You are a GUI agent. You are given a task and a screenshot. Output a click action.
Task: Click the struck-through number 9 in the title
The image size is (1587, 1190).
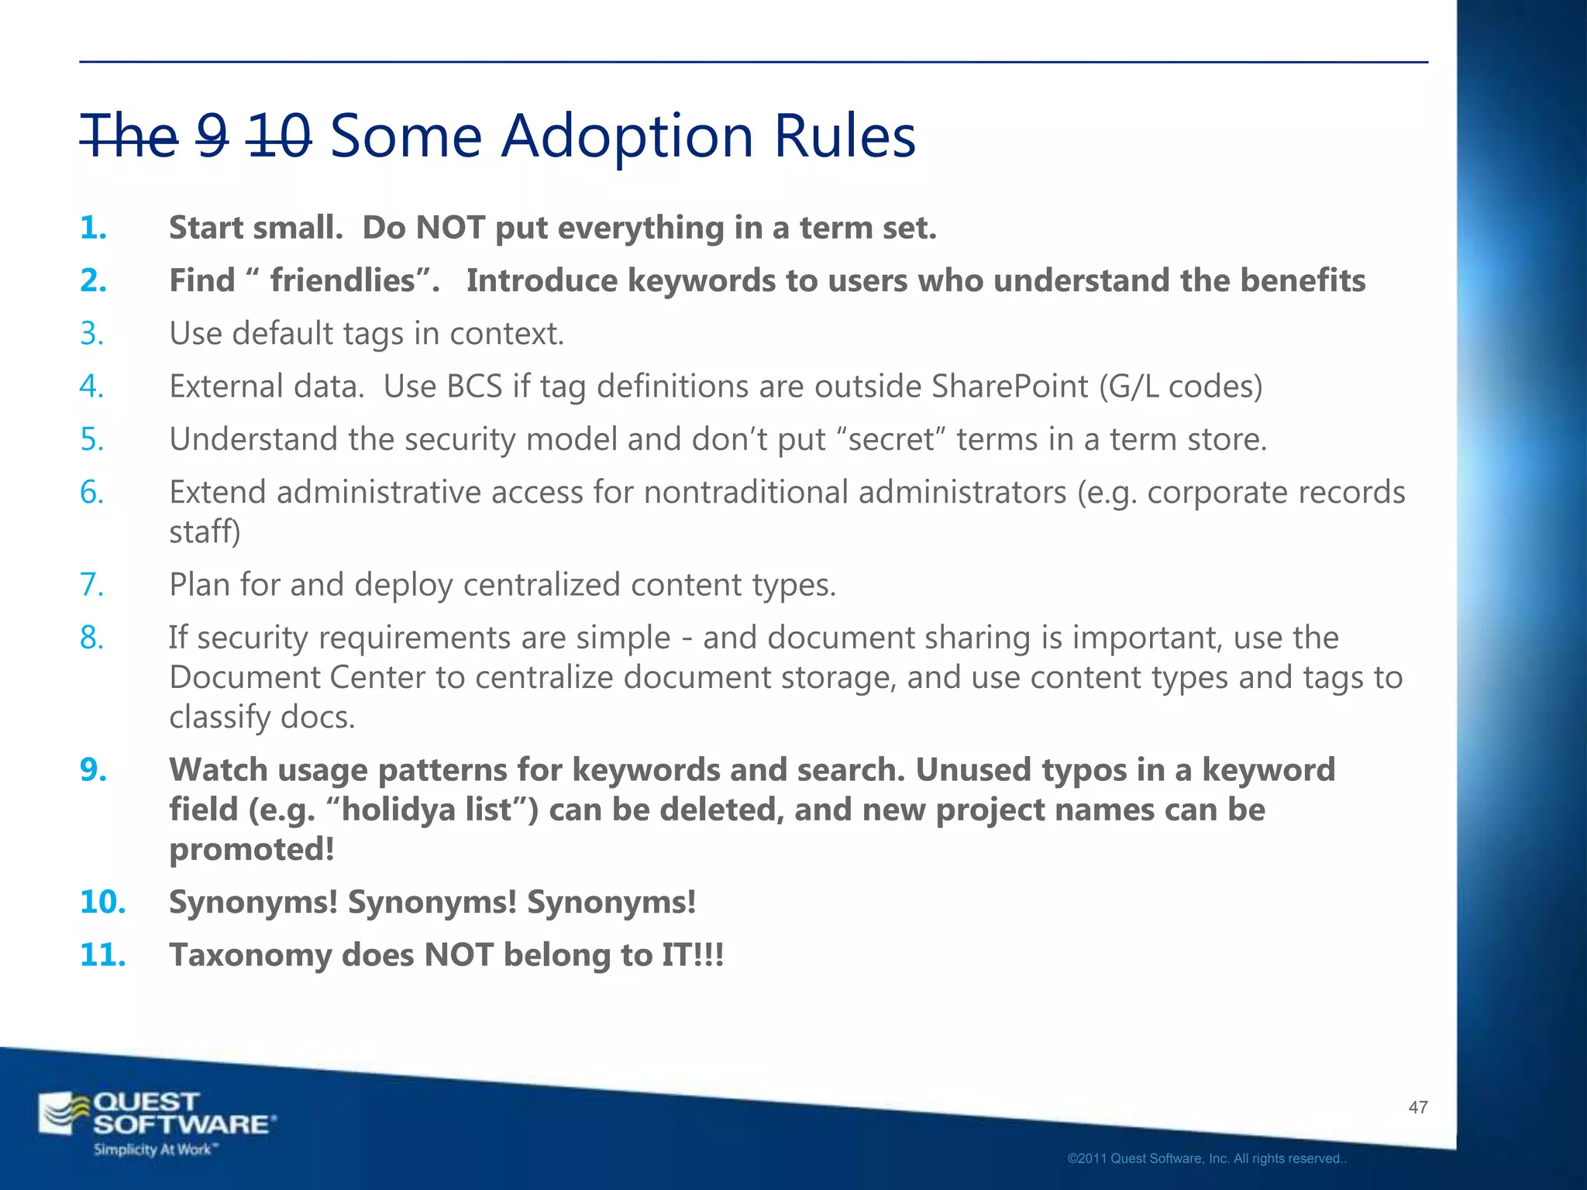coord(212,136)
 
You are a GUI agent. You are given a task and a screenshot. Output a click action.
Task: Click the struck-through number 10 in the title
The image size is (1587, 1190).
coord(279,136)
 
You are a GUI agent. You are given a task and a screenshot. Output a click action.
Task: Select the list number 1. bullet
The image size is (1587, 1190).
coord(94,228)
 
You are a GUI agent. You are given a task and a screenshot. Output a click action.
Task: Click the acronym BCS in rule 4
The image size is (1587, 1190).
coord(474,387)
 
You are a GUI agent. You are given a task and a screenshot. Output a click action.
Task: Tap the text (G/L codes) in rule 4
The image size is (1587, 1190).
coord(1180,387)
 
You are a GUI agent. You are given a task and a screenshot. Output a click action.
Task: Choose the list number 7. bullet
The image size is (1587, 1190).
coord(92,585)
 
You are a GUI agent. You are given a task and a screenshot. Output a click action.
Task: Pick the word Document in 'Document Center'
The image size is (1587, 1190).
coord(244,678)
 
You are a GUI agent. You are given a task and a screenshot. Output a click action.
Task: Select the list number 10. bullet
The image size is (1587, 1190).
coord(102,903)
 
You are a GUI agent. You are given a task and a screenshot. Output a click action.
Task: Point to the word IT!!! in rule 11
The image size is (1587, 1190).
coord(692,955)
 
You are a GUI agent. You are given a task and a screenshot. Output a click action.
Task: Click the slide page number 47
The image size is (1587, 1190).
coord(1417,1108)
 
